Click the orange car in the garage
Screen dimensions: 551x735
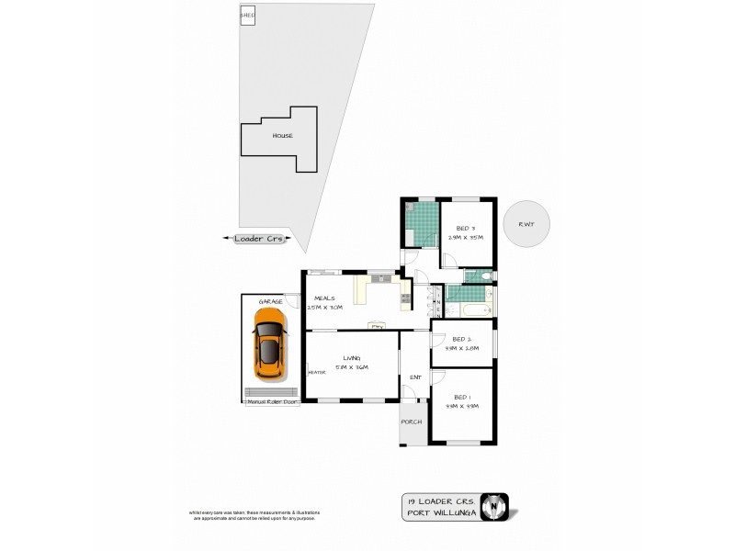[x=269, y=347]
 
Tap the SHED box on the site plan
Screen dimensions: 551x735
[x=247, y=17]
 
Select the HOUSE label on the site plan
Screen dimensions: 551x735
[x=282, y=136]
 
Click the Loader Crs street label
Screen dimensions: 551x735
[x=257, y=239]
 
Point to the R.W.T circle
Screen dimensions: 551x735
[x=526, y=223]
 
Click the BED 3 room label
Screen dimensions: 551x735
[x=466, y=228]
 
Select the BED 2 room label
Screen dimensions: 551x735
[x=463, y=339]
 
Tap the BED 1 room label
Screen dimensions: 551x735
[x=463, y=397]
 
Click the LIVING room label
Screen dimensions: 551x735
[x=351, y=358]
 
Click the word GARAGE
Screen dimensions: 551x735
[x=269, y=301]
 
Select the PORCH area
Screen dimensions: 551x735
[x=412, y=422]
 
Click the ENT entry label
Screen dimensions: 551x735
[x=414, y=377]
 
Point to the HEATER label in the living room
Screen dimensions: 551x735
[x=317, y=372]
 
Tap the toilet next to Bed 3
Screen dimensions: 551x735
[x=488, y=274]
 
